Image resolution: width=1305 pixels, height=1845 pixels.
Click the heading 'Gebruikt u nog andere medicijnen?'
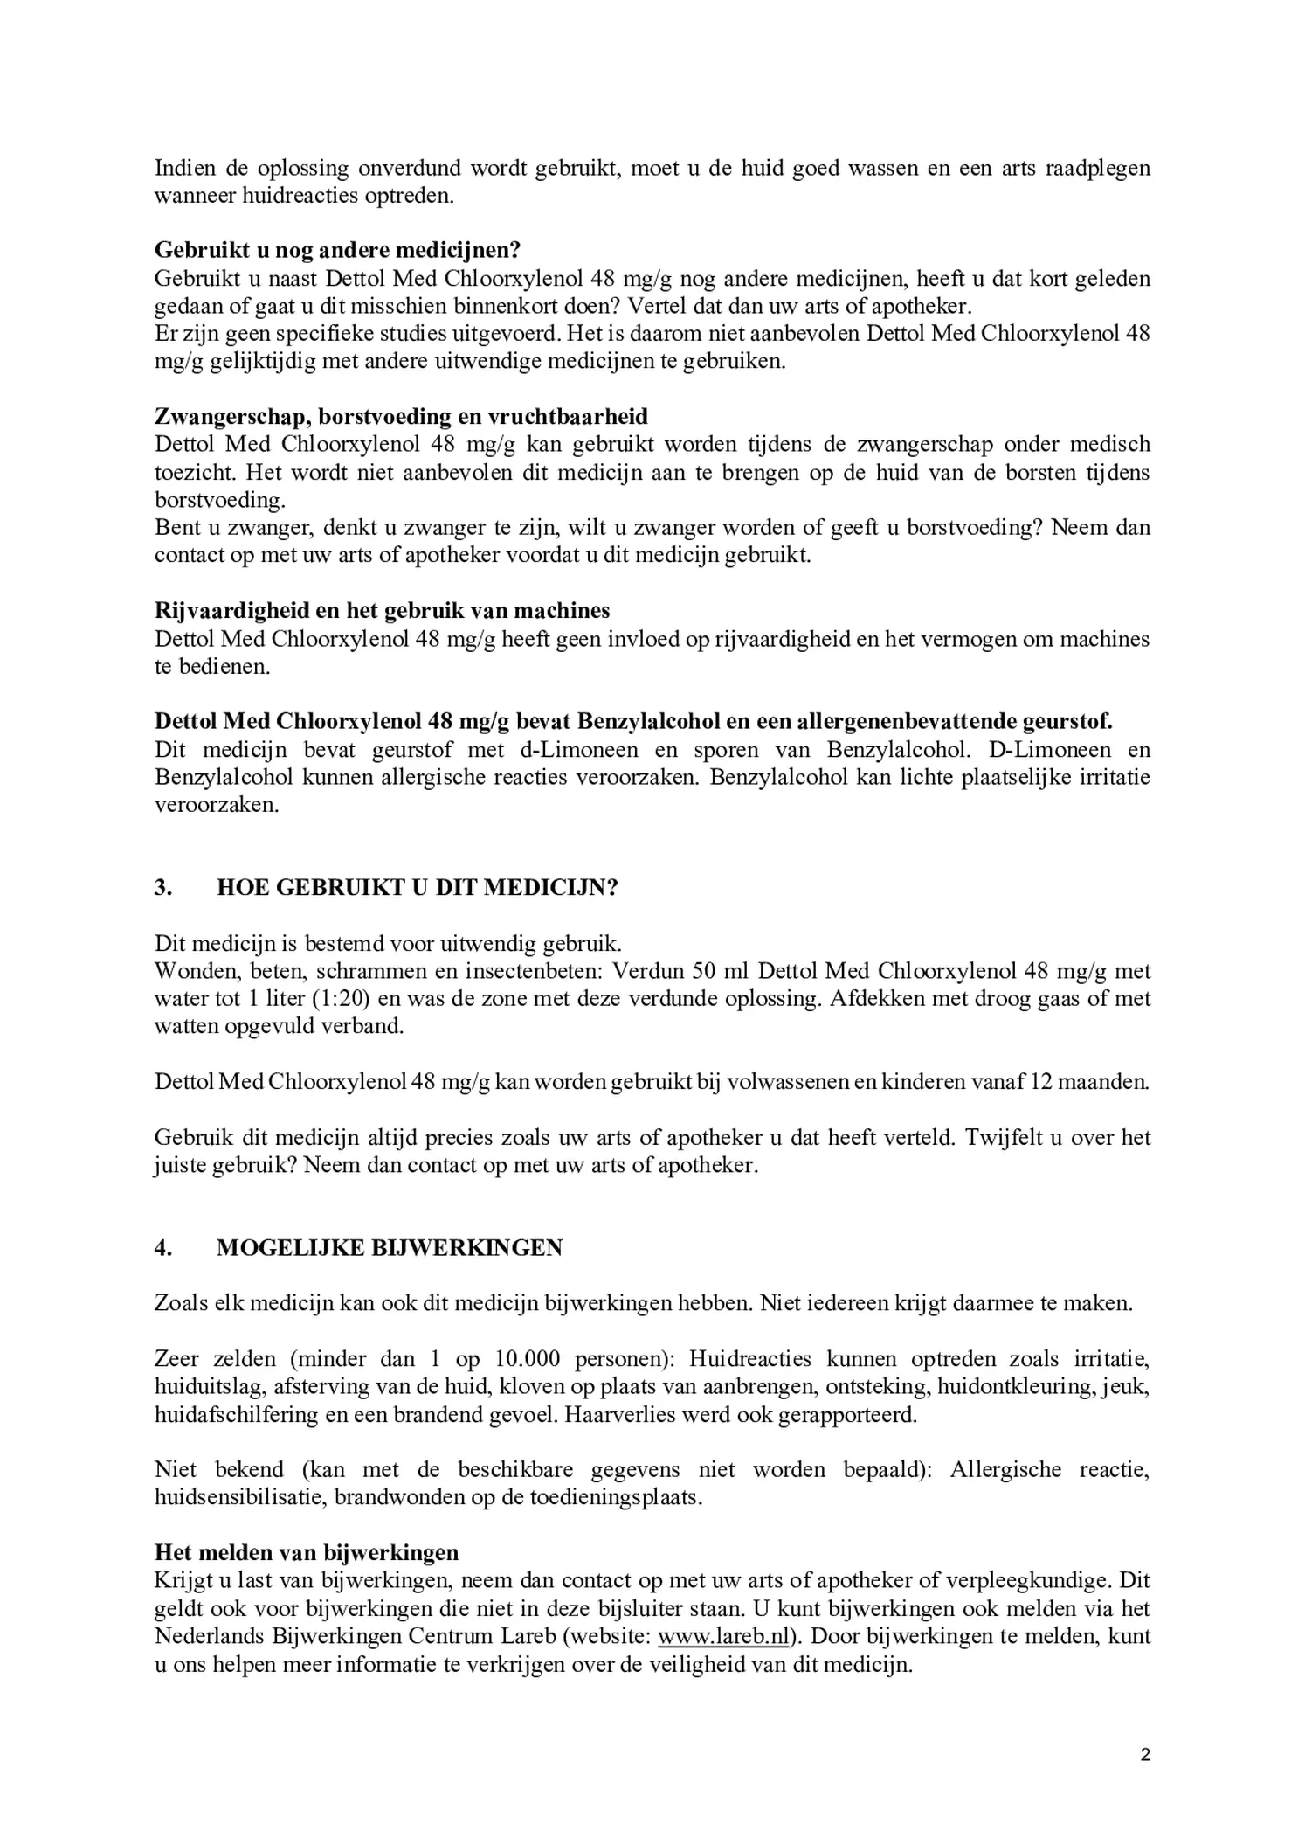click(x=337, y=250)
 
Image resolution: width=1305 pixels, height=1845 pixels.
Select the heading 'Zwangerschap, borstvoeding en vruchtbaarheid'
click(x=401, y=416)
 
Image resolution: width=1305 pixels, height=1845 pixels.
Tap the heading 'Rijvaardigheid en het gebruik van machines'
click(x=382, y=610)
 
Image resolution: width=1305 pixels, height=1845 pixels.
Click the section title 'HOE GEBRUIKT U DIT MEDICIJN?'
click(x=417, y=887)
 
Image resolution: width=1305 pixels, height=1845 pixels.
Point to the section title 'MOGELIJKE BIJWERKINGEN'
click(x=389, y=1247)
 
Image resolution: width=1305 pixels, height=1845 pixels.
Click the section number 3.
click(x=162, y=887)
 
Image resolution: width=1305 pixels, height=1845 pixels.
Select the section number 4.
click(x=162, y=1247)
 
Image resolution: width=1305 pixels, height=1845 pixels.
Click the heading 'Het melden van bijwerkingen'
click(x=307, y=1552)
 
